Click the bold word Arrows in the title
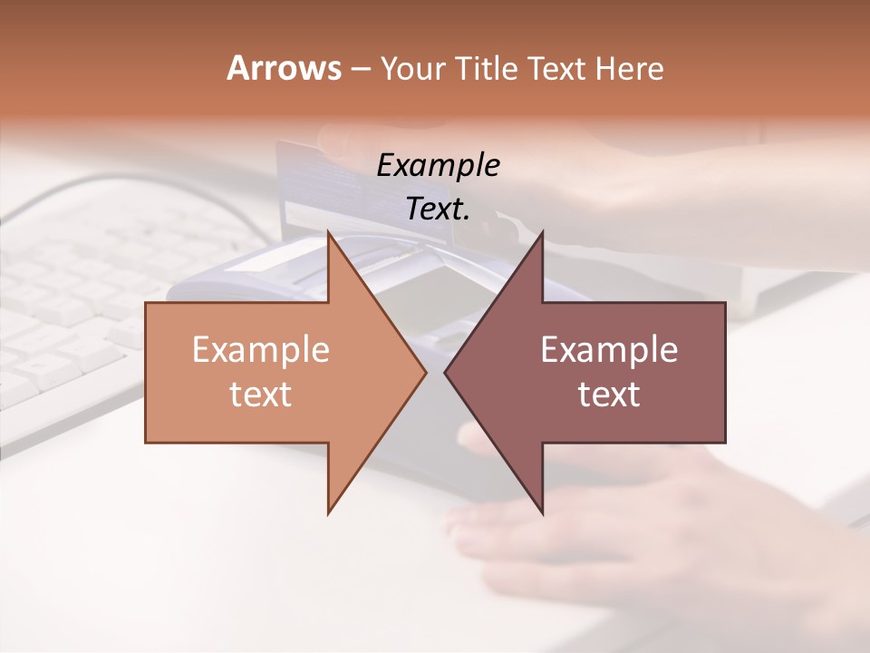coord(284,68)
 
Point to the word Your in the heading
coord(411,68)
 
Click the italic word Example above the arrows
coord(439,165)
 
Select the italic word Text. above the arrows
coord(439,209)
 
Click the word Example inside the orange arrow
coord(261,350)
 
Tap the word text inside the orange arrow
coord(261,395)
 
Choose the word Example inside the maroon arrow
coord(609,350)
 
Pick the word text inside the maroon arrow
coord(609,395)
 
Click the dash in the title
coord(360,69)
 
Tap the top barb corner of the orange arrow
coord(329,234)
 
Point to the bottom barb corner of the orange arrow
coord(329,512)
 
